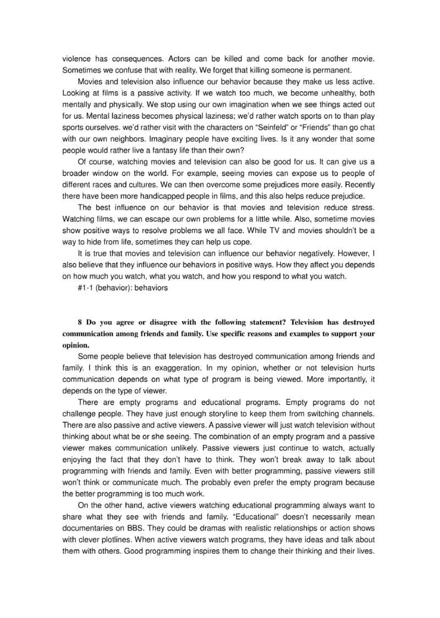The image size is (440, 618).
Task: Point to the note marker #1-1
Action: coord(86,288)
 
